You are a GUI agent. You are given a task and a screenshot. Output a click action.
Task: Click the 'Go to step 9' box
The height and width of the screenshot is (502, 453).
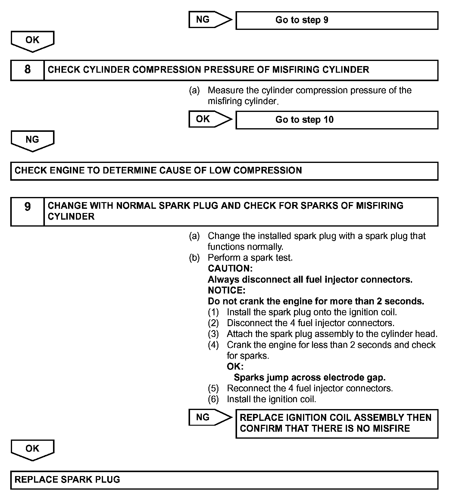(x=337, y=20)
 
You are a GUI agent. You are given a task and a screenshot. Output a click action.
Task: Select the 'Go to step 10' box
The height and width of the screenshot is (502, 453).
(x=337, y=120)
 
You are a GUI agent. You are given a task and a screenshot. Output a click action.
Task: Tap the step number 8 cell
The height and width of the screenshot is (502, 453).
(x=27, y=70)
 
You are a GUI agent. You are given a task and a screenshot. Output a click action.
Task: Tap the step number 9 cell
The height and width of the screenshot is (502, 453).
(x=27, y=211)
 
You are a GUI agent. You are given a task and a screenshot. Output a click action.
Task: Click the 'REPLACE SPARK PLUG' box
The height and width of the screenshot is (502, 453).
(x=224, y=480)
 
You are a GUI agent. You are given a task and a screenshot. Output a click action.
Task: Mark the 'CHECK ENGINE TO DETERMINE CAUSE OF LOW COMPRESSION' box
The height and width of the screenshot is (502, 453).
(x=224, y=171)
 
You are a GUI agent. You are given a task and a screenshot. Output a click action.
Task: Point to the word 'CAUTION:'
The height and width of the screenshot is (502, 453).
(x=230, y=268)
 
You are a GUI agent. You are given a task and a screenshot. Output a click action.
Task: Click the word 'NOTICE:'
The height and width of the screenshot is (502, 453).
(x=226, y=290)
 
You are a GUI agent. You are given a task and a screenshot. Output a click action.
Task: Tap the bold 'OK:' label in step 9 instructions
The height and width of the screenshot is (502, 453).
(x=235, y=367)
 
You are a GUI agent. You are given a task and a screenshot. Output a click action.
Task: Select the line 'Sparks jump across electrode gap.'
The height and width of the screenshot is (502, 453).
(x=310, y=377)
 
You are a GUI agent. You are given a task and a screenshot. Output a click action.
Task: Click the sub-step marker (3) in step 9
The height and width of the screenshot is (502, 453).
(x=213, y=334)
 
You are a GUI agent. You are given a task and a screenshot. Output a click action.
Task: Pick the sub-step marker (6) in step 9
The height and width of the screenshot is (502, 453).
(x=213, y=399)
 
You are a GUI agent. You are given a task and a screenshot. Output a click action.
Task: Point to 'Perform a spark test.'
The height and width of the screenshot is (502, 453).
(x=250, y=258)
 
